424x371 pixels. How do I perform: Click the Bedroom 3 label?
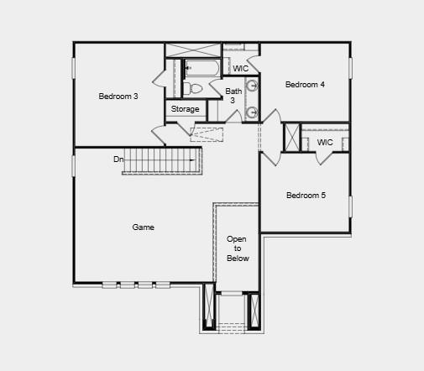click(x=118, y=97)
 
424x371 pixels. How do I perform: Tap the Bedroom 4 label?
click(x=305, y=84)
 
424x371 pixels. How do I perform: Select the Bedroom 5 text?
click(x=306, y=196)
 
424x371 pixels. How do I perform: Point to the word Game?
click(x=143, y=227)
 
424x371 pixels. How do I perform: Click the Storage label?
click(x=186, y=109)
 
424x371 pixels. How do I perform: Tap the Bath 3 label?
click(x=233, y=95)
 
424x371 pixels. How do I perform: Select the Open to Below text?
click(x=238, y=248)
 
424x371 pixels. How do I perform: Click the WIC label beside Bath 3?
click(x=240, y=68)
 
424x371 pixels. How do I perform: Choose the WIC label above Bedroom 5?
click(x=325, y=142)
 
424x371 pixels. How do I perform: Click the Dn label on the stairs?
click(x=119, y=159)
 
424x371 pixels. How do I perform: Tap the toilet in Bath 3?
click(x=194, y=86)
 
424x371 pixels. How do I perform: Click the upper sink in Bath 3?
click(x=251, y=86)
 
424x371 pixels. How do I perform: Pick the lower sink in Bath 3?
click(x=251, y=112)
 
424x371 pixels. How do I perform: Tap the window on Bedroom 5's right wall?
click(x=351, y=206)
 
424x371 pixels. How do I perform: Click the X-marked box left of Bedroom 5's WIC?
click(x=291, y=138)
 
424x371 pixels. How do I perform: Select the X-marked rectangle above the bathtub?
click(x=193, y=50)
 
